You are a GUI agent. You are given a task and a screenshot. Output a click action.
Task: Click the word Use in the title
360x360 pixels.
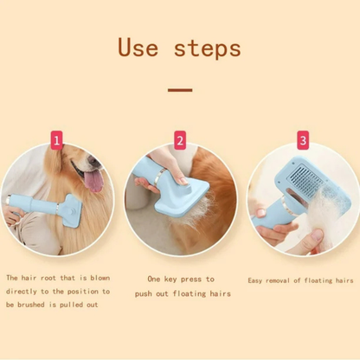tap(138, 47)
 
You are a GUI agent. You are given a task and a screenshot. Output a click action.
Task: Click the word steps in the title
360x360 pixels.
tap(208, 49)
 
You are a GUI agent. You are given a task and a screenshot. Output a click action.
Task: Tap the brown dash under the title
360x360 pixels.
tap(180, 90)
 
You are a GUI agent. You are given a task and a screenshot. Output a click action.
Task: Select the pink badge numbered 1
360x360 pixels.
tap(56, 140)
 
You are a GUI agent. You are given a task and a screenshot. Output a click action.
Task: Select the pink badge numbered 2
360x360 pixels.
tap(180, 140)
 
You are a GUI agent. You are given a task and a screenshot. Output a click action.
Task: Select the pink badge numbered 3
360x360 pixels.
tap(303, 140)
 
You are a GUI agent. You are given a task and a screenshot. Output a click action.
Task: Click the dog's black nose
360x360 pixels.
tap(93, 160)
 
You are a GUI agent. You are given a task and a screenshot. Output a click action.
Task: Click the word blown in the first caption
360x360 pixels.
tap(100, 278)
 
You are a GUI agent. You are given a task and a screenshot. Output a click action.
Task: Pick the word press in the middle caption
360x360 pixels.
tap(191, 280)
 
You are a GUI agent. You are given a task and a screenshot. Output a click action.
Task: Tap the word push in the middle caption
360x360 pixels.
tap(144, 294)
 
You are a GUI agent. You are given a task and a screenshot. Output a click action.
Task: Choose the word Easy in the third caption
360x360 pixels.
tap(254, 280)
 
